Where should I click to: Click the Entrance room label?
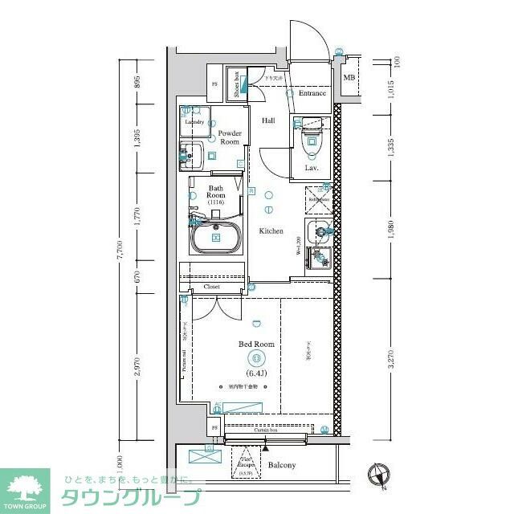click(312, 93)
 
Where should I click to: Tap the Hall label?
click(268, 120)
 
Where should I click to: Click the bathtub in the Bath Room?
click(215, 238)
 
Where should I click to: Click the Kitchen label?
click(271, 231)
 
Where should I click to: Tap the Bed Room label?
click(256, 344)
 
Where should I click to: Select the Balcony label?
click(282, 465)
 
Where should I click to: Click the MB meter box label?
click(349, 77)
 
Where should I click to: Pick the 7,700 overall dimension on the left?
click(120, 250)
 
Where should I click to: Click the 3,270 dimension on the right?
click(391, 358)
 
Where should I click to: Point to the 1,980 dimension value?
click(391, 230)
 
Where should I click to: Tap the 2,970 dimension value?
click(137, 366)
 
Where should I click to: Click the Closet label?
click(212, 286)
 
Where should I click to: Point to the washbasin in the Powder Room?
click(190, 153)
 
